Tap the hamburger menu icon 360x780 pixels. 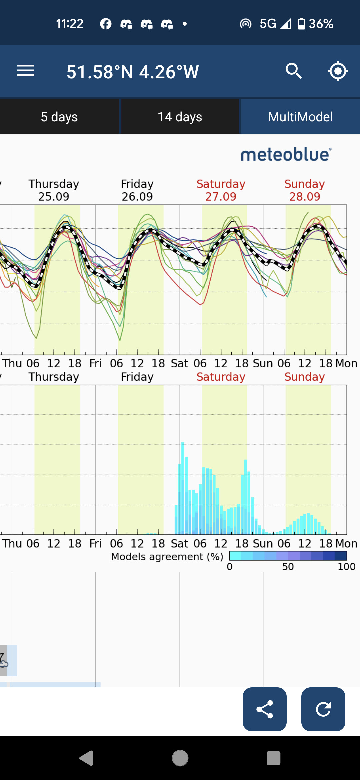pos(26,71)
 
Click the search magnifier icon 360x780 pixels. pos(293,71)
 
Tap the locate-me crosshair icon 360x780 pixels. pos(338,71)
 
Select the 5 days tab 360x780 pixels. pos(59,117)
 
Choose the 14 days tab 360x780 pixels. pos(180,117)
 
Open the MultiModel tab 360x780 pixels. pos(300,117)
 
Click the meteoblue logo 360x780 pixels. pos(286,155)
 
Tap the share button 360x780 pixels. pos(265,709)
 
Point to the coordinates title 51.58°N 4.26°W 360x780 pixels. pos(133,72)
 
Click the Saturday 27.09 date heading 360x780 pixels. pos(221,190)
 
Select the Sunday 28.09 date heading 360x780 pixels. pos(305,190)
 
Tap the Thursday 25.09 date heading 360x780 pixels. pos(54,190)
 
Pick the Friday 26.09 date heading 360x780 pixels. pos(137,190)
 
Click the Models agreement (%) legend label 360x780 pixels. pos(167,557)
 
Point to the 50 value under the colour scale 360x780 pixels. pos(288,567)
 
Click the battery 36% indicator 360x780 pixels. pos(315,24)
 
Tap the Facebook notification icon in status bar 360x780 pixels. pos(106,24)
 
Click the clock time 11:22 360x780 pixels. pos(69,24)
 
